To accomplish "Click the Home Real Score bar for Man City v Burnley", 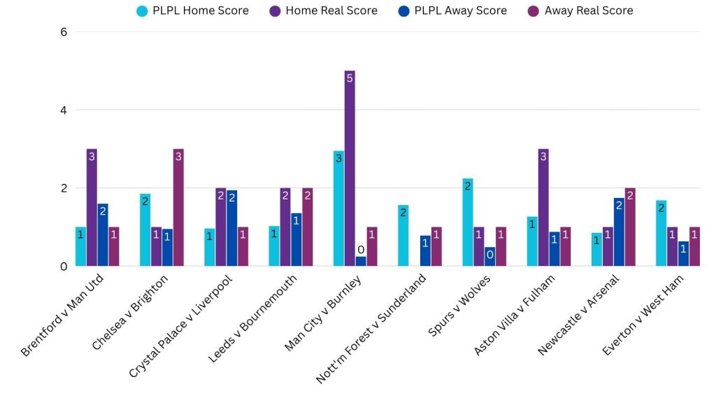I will point(350,168).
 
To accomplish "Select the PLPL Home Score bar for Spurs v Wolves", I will point(468,222).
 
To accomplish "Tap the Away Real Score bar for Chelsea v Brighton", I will point(178,207).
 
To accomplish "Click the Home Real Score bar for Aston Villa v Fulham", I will point(543,207).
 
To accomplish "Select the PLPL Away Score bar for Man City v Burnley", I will point(361,261).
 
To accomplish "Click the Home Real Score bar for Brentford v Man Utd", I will point(92,207).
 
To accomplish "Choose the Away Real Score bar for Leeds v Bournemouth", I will point(307,227).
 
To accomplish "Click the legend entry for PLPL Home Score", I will point(193,10).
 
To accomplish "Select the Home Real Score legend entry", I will point(323,10).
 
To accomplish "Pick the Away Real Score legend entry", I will point(580,10).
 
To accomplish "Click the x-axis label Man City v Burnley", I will point(324,313).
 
